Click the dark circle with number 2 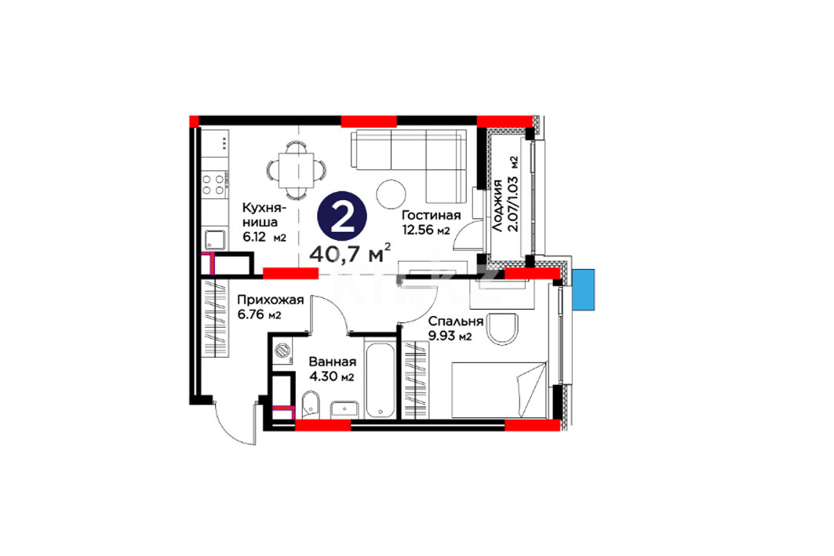[x=343, y=219]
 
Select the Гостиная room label [x=431, y=216]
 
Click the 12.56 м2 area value [x=426, y=230]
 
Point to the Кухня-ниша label [x=264, y=214]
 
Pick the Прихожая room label [x=270, y=300]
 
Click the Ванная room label [x=333, y=362]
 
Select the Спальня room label [x=456, y=321]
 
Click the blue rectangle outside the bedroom [x=584, y=289]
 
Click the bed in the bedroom [x=499, y=390]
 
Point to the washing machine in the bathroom [x=282, y=351]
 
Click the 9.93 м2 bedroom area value [x=450, y=336]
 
